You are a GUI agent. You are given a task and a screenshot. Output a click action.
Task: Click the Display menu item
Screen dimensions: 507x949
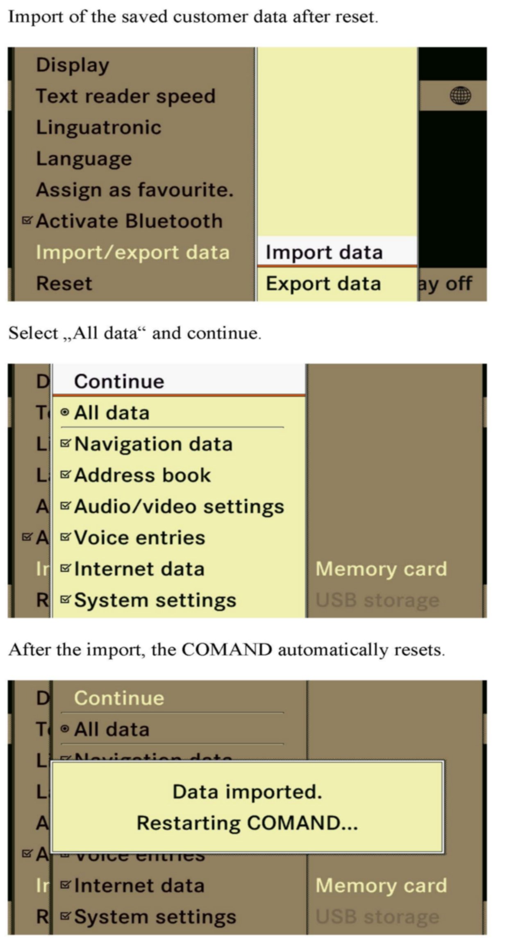[x=73, y=65]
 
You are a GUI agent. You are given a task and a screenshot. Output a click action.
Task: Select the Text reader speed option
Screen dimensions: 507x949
[x=125, y=96]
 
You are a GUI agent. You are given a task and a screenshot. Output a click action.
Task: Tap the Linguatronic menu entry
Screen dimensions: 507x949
[x=99, y=127]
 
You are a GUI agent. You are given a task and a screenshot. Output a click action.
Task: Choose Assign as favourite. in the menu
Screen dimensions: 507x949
[x=134, y=190]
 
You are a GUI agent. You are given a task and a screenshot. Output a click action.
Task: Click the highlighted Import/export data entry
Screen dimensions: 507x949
[x=132, y=252]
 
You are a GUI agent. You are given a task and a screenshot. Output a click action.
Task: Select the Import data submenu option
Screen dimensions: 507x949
[x=324, y=252]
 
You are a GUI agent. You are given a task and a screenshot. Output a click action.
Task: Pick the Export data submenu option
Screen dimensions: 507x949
[x=323, y=284]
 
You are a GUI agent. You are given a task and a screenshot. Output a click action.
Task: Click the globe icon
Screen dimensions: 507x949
[x=460, y=96]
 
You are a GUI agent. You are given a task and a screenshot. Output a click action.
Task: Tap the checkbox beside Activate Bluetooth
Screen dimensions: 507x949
[x=27, y=221]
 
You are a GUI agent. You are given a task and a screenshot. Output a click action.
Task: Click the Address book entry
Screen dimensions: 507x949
[x=142, y=475]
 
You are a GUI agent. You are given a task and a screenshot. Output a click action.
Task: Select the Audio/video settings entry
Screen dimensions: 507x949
[x=179, y=507]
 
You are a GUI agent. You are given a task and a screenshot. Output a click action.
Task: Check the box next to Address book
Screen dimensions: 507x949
[x=65, y=475]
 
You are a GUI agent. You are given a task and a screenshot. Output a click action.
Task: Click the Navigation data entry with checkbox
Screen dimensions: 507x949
[x=153, y=444]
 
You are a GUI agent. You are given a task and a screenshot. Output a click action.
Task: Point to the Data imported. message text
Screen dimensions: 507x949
[x=247, y=792]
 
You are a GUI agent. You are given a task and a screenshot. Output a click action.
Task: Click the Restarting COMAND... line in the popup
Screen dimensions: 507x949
[x=247, y=823]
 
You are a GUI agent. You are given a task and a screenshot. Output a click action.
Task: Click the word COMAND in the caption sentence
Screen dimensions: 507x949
[x=227, y=650]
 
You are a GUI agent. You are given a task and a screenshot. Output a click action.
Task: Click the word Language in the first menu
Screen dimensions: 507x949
[x=84, y=159]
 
